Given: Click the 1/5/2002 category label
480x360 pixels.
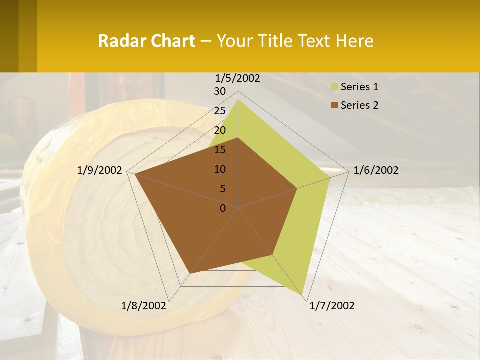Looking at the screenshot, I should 237,78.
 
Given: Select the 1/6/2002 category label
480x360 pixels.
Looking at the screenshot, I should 376,170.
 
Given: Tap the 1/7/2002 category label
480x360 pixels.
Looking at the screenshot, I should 332,306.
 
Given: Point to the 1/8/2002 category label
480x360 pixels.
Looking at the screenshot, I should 144,306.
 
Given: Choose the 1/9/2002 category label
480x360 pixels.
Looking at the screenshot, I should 100,170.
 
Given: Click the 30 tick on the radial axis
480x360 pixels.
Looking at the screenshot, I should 220,91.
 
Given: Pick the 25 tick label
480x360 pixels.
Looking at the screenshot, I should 220,111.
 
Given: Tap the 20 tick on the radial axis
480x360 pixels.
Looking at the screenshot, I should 220,130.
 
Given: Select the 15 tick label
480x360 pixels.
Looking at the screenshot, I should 220,150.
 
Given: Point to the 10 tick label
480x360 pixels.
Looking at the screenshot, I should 220,169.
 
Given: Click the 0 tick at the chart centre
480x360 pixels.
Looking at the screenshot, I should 223,208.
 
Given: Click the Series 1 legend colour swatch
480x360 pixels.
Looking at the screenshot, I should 335,87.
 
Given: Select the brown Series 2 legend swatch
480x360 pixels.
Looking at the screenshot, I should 335,105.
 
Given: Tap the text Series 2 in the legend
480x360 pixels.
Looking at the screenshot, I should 359,105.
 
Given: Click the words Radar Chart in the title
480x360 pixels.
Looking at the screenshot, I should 146,41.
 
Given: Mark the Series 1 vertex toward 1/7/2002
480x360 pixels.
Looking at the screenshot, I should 303,294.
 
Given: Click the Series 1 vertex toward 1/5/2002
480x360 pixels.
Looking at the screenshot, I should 238,100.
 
